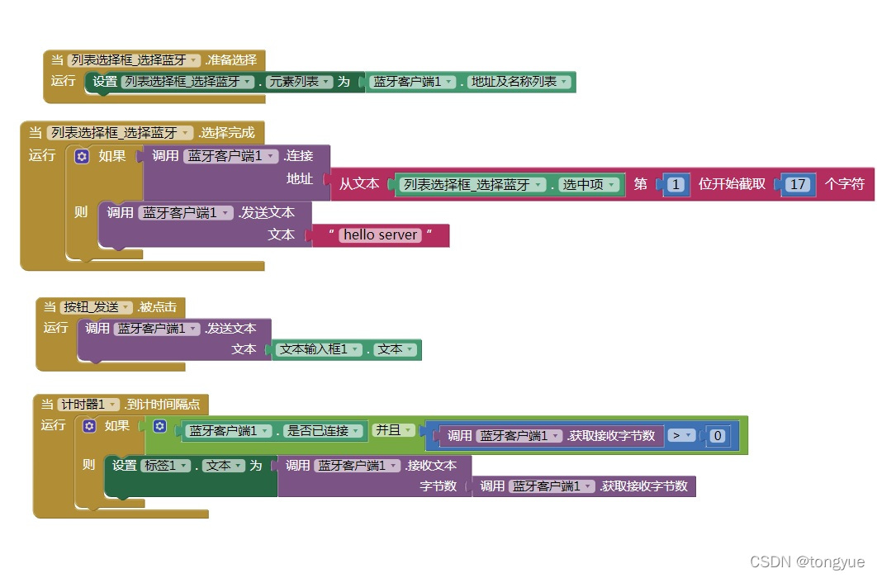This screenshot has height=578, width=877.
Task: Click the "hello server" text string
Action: click(381, 235)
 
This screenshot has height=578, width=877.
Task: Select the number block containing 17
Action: click(797, 184)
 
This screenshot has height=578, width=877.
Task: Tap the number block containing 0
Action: click(718, 436)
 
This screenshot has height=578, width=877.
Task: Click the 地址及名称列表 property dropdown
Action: click(519, 82)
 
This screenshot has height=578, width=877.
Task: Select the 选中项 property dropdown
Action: click(589, 185)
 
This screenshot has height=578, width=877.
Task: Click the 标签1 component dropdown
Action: click(159, 466)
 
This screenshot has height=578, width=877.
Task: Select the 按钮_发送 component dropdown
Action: click(96, 307)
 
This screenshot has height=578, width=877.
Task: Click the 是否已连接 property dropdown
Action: click(321, 431)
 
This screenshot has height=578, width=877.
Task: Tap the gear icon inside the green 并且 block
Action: click(160, 427)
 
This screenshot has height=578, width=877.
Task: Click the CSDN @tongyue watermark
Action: click(808, 561)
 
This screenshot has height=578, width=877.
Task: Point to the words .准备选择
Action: click(230, 59)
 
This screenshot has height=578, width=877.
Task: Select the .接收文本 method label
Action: click(430, 466)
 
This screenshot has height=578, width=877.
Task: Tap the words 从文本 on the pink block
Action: click(359, 184)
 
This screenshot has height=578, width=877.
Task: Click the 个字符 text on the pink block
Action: click(845, 184)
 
